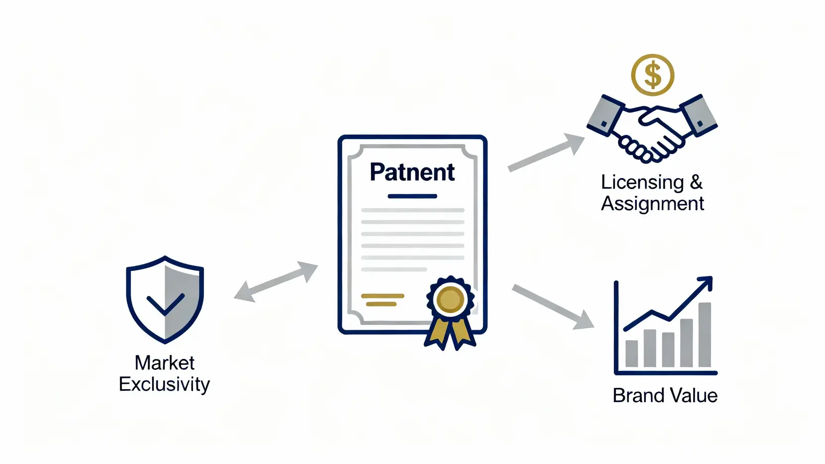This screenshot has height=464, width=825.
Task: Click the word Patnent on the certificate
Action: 412,172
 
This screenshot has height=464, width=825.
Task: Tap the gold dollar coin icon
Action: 652,75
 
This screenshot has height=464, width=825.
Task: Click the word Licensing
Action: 642,183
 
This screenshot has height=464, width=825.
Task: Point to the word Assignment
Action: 652,204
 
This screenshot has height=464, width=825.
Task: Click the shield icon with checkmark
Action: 165,300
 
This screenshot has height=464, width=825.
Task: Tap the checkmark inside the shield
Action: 165,304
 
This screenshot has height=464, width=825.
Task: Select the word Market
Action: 164,363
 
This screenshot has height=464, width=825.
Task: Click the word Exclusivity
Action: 164,385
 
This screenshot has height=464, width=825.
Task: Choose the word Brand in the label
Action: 638,396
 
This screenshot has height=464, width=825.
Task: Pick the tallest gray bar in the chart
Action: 704,335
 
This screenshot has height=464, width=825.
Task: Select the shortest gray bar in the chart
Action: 631,353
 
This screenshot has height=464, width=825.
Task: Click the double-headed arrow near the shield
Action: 275,281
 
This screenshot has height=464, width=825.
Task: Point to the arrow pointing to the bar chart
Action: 553,307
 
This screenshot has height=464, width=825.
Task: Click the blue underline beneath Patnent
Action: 412,196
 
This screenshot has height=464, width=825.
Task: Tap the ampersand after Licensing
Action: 696,183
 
